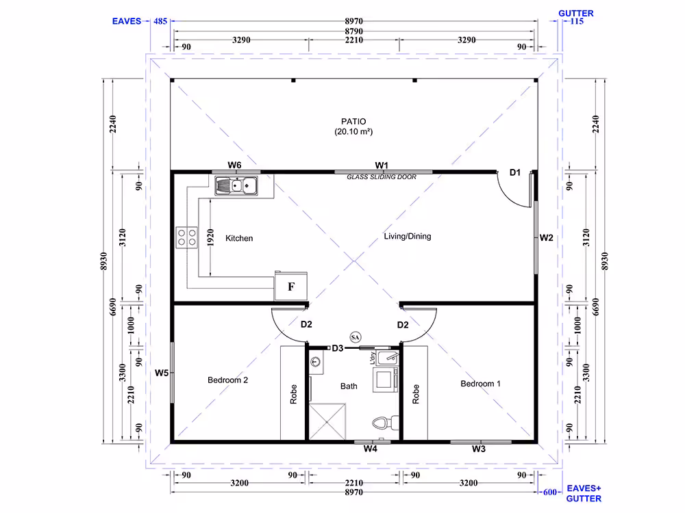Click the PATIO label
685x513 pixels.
point(353,121)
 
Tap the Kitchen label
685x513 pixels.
point(239,238)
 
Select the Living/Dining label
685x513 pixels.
point(408,237)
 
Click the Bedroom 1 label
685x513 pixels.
point(481,384)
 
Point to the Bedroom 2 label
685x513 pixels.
point(227,380)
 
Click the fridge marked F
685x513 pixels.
point(291,286)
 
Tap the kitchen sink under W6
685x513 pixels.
point(236,186)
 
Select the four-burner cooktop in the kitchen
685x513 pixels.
point(186,238)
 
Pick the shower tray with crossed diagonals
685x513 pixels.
point(327,421)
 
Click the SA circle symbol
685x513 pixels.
point(355,337)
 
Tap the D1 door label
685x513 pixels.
point(515,173)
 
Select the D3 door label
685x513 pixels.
point(337,348)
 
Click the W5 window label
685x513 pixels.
point(162,373)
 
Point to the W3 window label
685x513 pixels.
point(478,449)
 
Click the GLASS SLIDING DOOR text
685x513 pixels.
point(382,177)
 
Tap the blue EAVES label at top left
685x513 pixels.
point(127,21)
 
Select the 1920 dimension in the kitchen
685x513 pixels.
point(210,238)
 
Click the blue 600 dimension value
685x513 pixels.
point(550,492)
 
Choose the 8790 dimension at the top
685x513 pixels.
point(354,31)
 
